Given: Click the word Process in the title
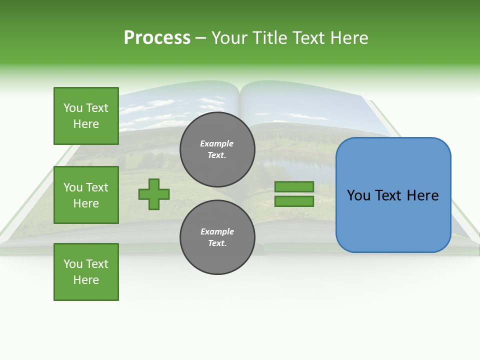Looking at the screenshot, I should pyautogui.click(x=157, y=38).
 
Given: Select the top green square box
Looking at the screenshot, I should pyautogui.click(x=86, y=116).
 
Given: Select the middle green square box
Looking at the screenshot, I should pyautogui.click(x=86, y=195).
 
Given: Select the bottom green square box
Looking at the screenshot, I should pyautogui.click(x=86, y=271).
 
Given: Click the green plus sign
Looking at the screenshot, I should pyautogui.click(x=154, y=194).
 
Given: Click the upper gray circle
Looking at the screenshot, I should pyautogui.click(x=217, y=149).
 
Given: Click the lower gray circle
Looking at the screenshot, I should pyautogui.click(x=217, y=237).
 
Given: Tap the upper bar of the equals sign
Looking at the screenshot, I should pyautogui.click(x=294, y=187).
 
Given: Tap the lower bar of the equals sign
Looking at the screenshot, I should pyautogui.click(x=294, y=201).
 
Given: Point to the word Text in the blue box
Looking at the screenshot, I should pyautogui.click(x=393, y=195).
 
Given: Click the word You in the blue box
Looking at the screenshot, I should pyautogui.click(x=358, y=195).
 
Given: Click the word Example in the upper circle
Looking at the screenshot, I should pyautogui.click(x=217, y=143).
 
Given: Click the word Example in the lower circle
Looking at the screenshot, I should pyautogui.click(x=217, y=231).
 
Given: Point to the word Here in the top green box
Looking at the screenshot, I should pyautogui.click(x=86, y=124).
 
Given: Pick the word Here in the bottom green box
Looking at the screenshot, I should pyautogui.click(x=86, y=280).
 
